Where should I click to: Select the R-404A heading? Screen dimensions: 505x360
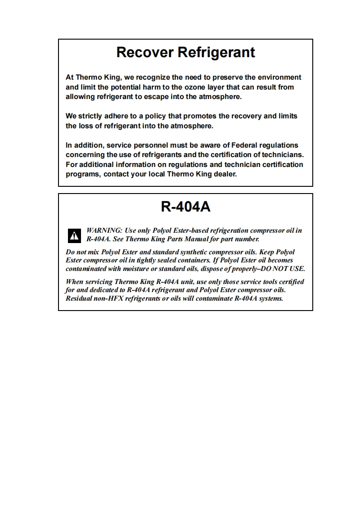pos(185,207)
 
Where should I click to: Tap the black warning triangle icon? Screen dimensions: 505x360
pos(74,235)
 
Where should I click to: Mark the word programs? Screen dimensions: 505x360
pos(82,174)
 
